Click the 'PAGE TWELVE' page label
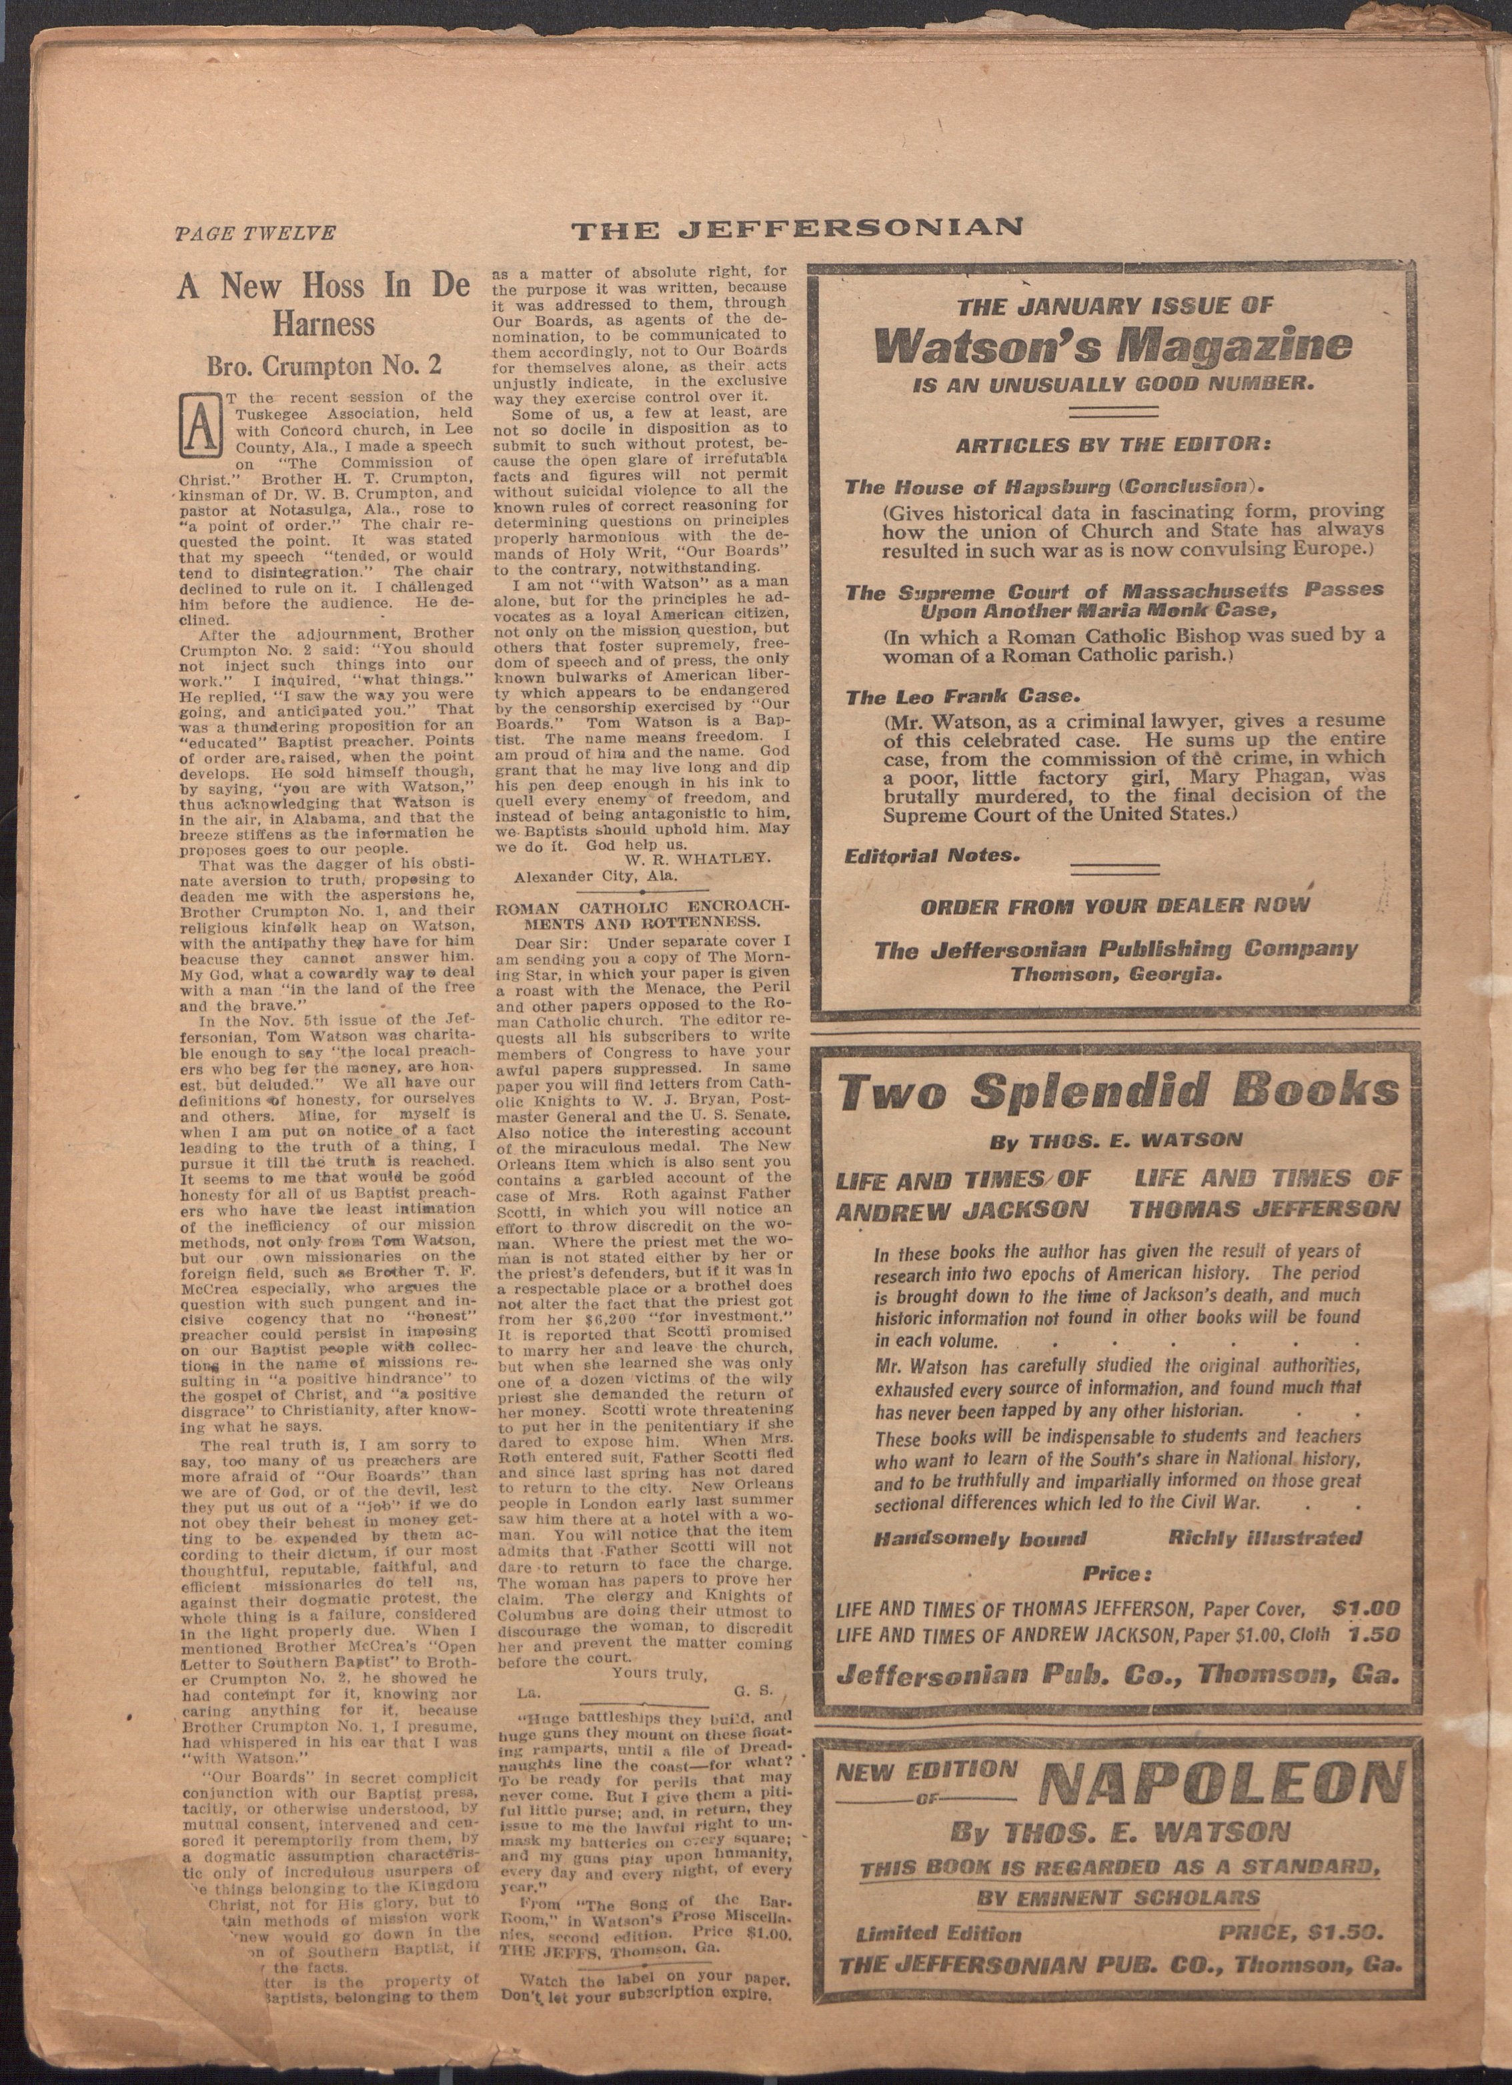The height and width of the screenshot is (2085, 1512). (x=255, y=234)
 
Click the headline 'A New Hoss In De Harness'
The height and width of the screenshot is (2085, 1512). (x=323, y=304)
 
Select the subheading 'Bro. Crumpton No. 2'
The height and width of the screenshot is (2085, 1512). (x=323, y=365)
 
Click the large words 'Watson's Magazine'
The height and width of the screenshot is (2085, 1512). (x=1113, y=345)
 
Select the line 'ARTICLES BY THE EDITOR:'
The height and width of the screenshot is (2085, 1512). (x=1114, y=445)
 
